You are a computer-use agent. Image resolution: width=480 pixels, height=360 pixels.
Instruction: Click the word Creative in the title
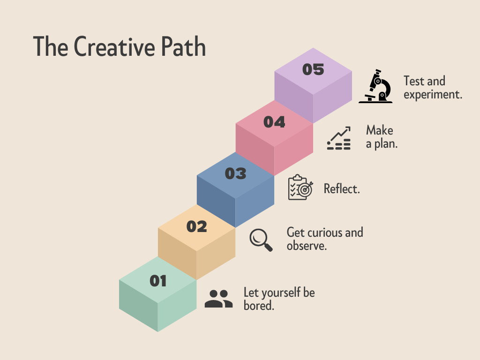(x=114, y=46)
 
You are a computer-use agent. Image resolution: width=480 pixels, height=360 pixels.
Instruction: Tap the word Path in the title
(x=183, y=46)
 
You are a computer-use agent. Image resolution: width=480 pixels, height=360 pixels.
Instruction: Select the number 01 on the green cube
(x=158, y=281)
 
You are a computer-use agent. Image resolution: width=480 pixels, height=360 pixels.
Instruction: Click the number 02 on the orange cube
(x=196, y=226)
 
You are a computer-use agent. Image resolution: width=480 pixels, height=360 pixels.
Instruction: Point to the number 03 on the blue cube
(x=235, y=173)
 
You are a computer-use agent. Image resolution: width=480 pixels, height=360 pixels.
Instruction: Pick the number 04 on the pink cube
(x=274, y=122)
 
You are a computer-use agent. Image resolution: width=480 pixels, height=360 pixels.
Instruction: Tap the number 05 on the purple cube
(x=313, y=69)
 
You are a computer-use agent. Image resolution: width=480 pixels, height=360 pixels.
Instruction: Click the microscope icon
(x=375, y=86)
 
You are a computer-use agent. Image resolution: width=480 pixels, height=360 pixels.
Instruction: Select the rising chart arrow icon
(x=339, y=138)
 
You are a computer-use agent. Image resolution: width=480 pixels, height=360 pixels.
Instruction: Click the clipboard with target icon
(x=300, y=187)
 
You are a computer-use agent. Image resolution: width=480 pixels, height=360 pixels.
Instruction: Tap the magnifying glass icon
(x=261, y=240)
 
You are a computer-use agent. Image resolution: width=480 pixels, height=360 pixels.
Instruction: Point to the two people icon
(x=218, y=299)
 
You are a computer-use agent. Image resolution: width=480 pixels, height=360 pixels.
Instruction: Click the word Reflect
(x=342, y=189)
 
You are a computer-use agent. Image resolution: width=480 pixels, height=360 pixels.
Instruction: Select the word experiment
(x=433, y=95)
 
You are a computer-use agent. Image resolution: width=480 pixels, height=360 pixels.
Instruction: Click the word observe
(x=307, y=246)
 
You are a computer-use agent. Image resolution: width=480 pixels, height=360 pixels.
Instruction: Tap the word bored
(x=259, y=305)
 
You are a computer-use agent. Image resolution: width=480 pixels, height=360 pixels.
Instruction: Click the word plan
(x=386, y=144)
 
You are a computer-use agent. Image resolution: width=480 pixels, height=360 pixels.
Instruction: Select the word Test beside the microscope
(x=414, y=81)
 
